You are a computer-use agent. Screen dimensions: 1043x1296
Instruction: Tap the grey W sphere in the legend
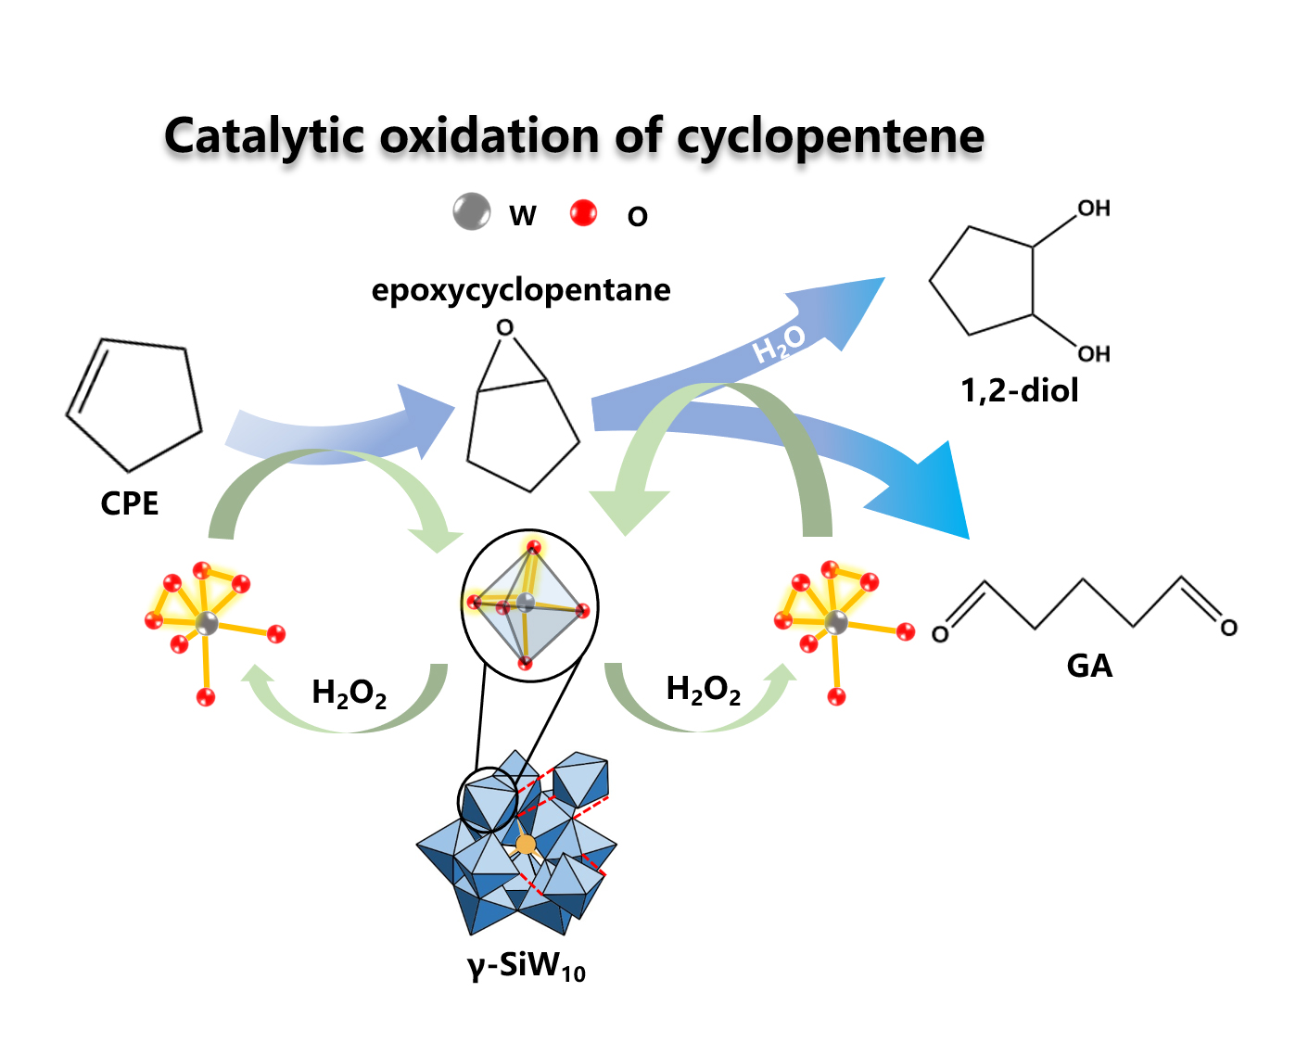pyautogui.click(x=472, y=211)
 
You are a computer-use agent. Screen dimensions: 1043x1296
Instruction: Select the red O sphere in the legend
pyautogui.click(x=583, y=212)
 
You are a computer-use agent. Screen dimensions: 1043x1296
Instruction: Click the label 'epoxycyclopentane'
pyautogui.click(x=521, y=290)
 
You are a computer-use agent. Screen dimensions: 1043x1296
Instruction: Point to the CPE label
pyautogui.click(x=130, y=503)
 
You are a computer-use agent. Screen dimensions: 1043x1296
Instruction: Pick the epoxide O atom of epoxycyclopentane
pyautogui.click(x=504, y=327)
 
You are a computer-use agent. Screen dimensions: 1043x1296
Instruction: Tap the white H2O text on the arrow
pyautogui.click(x=779, y=344)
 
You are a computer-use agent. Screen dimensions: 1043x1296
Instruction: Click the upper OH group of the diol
pyautogui.click(x=1093, y=209)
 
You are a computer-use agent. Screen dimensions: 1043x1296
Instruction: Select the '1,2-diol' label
pyautogui.click(x=1020, y=390)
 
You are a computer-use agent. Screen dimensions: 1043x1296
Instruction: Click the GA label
pyautogui.click(x=1089, y=666)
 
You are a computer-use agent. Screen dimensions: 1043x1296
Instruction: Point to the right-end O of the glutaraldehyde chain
pyautogui.click(x=1228, y=628)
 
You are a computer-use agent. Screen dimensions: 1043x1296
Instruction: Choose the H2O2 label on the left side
pyautogui.click(x=349, y=693)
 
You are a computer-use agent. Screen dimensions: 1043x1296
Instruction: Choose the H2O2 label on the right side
pyautogui.click(x=704, y=690)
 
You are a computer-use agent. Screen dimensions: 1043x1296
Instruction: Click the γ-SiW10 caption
pyautogui.click(x=527, y=967)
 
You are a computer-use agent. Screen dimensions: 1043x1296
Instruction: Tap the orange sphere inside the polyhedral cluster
pyautogui.click(x=526, y=844)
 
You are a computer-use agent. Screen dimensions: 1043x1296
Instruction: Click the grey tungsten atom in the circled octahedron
pyautogui.click(x=526, y=603)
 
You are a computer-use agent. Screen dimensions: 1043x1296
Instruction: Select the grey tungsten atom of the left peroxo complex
pyautogui.click(x=207, y=622)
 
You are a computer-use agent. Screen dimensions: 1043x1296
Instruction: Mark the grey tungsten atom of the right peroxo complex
pyautogui.click(x=836, y=621)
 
